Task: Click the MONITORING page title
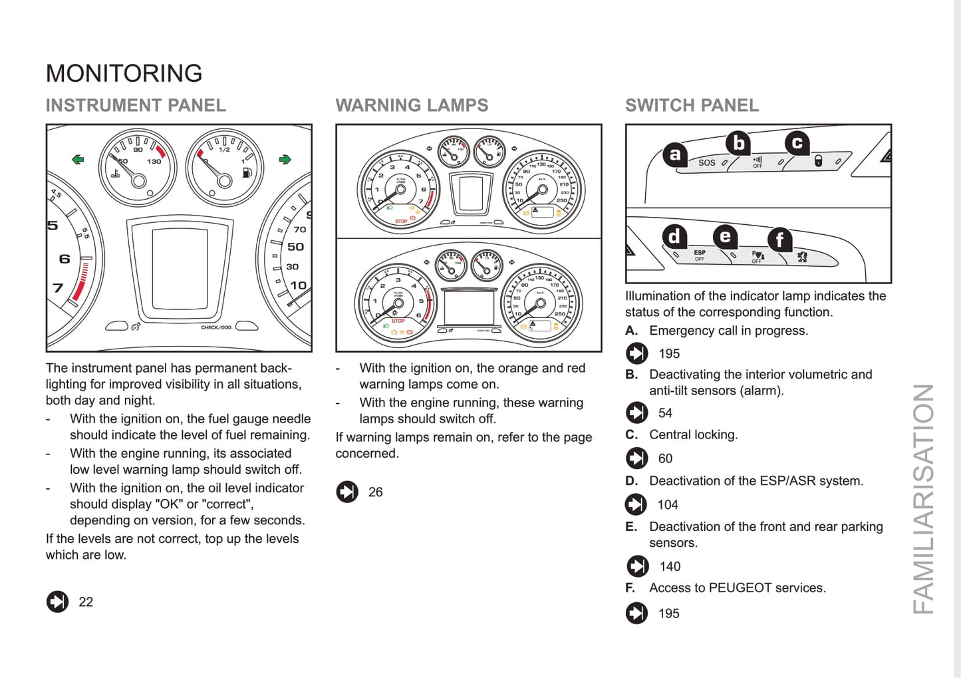coord(124,73)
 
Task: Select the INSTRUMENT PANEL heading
coord(136,105)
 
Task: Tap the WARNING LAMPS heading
coord(412,105)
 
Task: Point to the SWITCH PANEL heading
coord(692,105)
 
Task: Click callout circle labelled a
coord(675,154)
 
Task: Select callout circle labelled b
coord(738,143)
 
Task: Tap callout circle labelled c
coord(797,143)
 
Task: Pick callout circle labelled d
coord(674,236)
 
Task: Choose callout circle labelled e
coord(725,236)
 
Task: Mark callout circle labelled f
coord(779,240)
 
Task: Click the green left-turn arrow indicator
coord(78,159)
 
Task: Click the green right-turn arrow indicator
coord(285,159)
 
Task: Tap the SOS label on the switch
coord(706,163)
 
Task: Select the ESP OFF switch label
coord(700,255)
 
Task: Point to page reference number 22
coord(86,602)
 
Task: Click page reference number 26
coord(375,492)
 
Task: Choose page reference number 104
coord(667,505)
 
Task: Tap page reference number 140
coord(670,567)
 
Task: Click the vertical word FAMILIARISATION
coord(923,499)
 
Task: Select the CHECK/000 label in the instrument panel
coord(216,327)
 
